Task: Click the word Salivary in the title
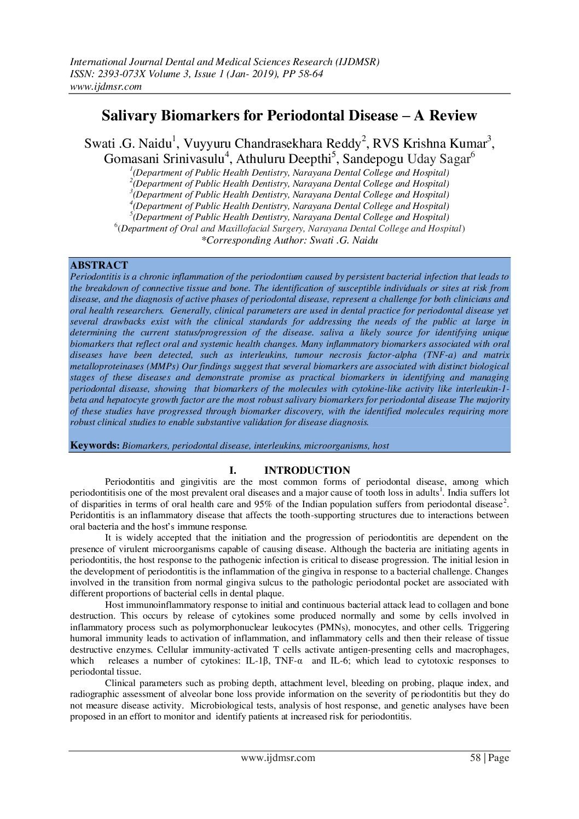point(129,116)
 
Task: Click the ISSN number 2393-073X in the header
point(117,74)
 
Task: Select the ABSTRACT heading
point(99,265)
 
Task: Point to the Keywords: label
point(95,445)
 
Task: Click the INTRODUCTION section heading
point(307,471)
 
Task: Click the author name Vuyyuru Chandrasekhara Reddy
point(272,144)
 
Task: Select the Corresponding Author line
point(289,240)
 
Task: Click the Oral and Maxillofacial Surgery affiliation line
point(289,229)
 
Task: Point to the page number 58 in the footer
point(475,758)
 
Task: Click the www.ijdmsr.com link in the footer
point(278,758)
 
